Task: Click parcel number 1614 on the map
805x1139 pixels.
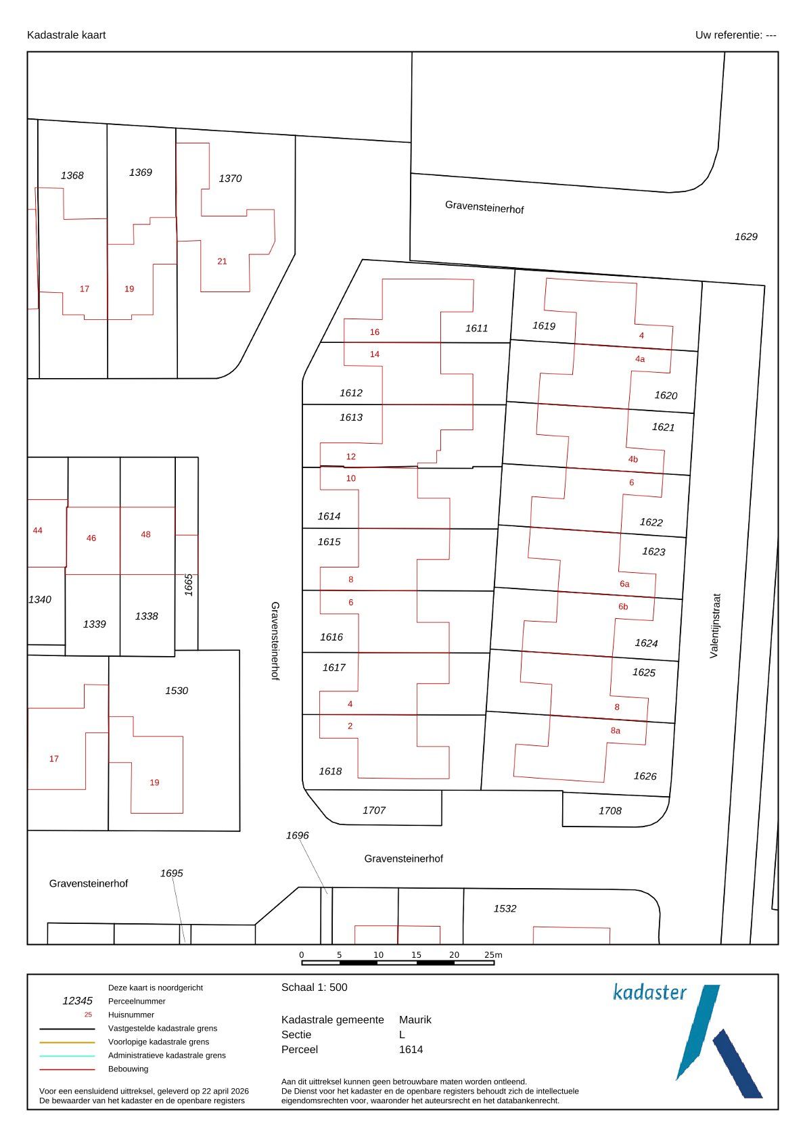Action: pyautogui.click(x=329, y=516)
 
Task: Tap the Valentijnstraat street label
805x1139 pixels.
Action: pyautogui.click(x=714, y=626)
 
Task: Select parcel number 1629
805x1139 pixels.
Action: pyautogui.click(x=746, y=237)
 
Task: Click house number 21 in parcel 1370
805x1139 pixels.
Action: pyautogui.click(x=223, y=261)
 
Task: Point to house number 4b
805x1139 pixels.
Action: pyautogui.click(x=632, y=459)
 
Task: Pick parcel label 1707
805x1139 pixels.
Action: pyautogui.click(x=374, y=810)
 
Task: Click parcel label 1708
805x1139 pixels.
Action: pyautogui.click(x=609, y=810)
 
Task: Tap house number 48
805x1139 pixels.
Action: pyautogui.click(x=146, y=534)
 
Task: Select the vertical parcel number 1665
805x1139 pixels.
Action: pyautogui.click(x=189, y=585)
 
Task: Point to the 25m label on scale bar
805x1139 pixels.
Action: pyautogui.click(x=493, y=955)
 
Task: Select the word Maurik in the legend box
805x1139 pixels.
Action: pyautogui.click(x=415, y=1019)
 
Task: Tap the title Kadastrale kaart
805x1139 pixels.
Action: pyautogui.click(x=66, y=35)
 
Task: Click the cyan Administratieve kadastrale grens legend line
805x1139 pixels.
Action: pyautogui.click(x=67, y=1056)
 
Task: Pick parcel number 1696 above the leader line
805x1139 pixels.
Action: pyautogui.click(x=298, y=835)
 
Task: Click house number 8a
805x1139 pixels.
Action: pyautogui.click(x=616, y=730)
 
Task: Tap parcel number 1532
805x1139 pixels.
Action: pyautogui.click(x=505, y=908)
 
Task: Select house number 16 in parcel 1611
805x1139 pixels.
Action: pyautogui.click(x=375, y=332)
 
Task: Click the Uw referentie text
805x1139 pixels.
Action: pyautogui.click(x=735, y=35)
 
